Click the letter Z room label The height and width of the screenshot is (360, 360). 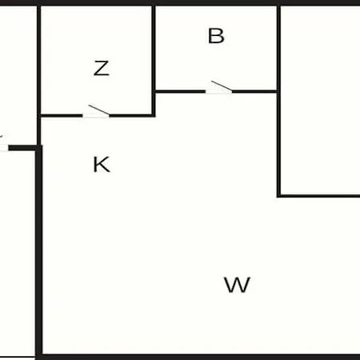point(102,68)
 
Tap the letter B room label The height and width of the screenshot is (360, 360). point(216,36)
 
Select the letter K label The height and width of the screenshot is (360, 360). point(102,164)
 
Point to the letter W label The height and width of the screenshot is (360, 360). point(237,285)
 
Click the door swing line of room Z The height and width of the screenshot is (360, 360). point(98,110)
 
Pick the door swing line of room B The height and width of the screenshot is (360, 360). point(222,86)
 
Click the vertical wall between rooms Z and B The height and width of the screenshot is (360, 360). point(154,61)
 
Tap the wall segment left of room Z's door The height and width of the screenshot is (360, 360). point(61,116)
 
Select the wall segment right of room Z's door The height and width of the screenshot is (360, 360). point(132,116)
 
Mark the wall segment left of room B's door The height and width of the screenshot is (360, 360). point(180,92)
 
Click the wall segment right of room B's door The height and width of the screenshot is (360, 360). point(254,92)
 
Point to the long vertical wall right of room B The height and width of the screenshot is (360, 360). point(278,102)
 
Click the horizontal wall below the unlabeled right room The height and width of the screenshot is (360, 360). point(319,196)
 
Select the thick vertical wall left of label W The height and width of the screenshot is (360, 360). point(39,252)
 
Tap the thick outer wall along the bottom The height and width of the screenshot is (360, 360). point(198,357)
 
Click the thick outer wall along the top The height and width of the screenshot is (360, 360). point(180,2)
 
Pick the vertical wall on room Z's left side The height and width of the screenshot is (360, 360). point(39,75)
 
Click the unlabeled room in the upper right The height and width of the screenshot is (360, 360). point(320,100)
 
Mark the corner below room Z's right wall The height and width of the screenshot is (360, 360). point(154,116)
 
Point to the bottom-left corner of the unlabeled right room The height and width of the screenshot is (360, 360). point(279,196)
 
